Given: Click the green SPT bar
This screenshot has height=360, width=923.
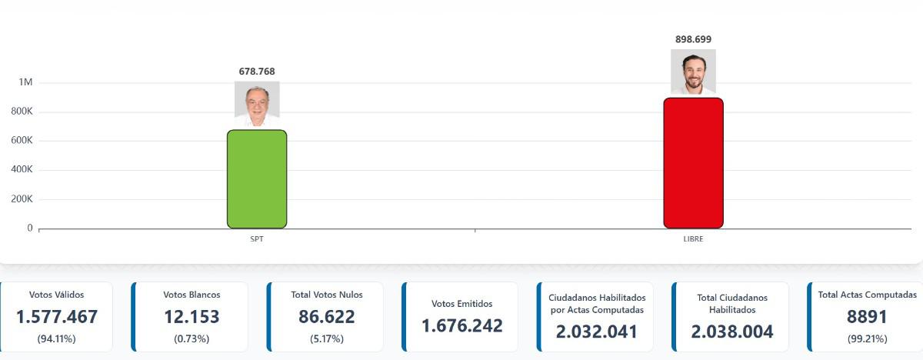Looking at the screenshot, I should [257, 179].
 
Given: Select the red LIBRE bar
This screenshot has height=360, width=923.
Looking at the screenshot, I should [693, 163].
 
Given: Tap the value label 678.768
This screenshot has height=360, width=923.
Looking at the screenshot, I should [257, 72].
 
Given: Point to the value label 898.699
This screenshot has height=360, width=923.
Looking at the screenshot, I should [693, 39].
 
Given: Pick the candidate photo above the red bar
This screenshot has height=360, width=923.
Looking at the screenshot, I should [693, 72].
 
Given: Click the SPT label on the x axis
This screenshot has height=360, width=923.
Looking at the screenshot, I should [257, 239].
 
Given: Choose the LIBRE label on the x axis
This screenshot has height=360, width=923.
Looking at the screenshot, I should [693, 239].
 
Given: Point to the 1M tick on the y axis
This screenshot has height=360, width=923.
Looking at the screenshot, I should [25, 82].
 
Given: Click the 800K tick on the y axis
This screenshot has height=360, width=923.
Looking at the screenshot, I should [21, 112].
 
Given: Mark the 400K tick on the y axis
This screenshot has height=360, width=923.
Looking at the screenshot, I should [21, 170].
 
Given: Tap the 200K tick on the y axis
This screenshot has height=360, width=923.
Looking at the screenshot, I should [21, 199].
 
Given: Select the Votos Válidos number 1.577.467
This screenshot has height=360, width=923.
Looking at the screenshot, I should [56, 317].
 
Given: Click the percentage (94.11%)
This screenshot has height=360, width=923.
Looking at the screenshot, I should [56, 338].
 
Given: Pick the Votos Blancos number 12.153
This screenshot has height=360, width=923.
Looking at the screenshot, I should [192, 317].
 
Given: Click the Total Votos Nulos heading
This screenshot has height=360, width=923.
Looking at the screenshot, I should [327, 295].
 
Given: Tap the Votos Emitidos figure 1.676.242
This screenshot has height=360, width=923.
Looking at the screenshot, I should [462, 326].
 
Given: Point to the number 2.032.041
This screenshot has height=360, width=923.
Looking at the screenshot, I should [597, 332].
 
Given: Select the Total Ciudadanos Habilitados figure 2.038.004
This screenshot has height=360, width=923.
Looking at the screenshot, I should [732, 332].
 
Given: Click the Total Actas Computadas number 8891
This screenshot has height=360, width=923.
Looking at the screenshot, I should [867, 317].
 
